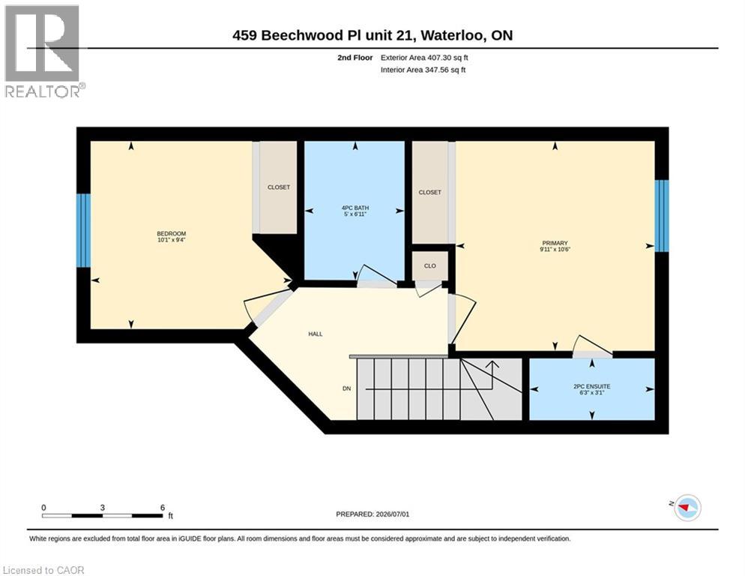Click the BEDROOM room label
coord(171,233)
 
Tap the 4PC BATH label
coord(355,208)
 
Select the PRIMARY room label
coord(555,243)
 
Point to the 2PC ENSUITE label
coord(591,387)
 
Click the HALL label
coord(315,334)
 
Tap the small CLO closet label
coord(429,266)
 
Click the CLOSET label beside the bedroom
coord(278,187)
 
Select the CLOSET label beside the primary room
coord(429,192)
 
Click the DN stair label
coord(347,388)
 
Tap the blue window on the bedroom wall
coord(84,230)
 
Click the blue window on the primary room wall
coord(662,215)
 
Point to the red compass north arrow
coord(684,508)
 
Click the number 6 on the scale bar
coord(163,508)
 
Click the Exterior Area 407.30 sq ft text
coord(424,58)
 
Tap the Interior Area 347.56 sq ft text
coord(423,70)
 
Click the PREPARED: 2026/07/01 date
coord(372,514)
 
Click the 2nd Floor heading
coord(355,58)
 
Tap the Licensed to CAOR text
coord(43,570)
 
